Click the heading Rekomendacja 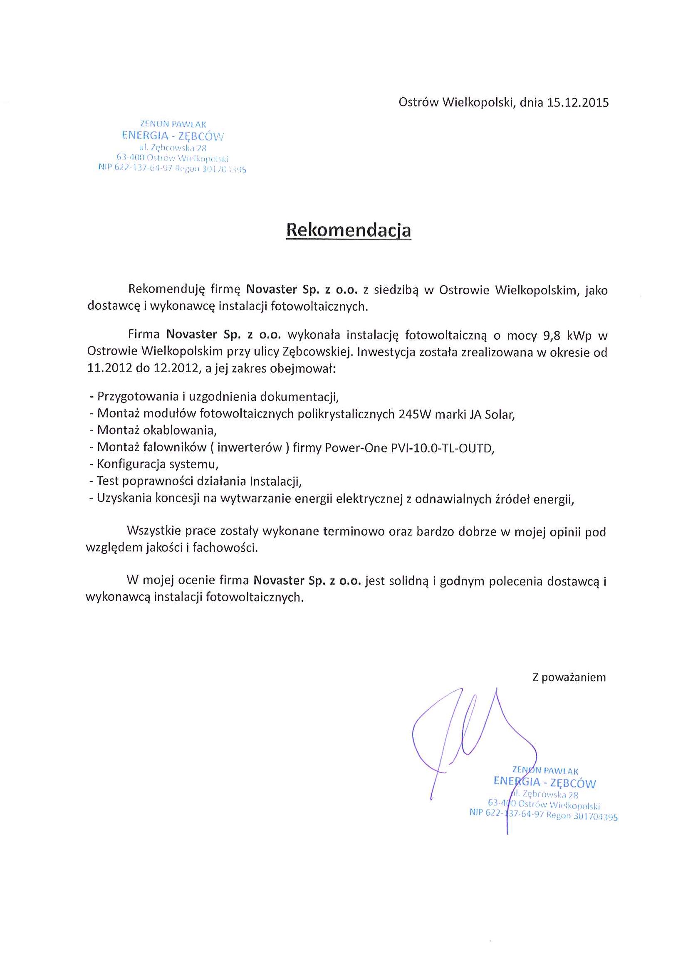point(349,230)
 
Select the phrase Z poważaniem point(569,677)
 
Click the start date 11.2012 point(110,368)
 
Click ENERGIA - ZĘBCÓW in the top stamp point(173,136)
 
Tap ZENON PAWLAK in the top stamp point(173,124)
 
